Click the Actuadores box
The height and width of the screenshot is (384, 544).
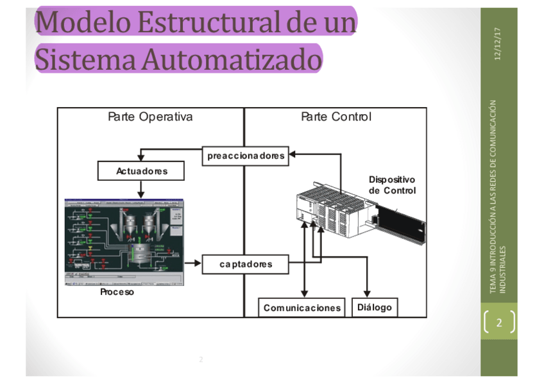click(x=141, y=171)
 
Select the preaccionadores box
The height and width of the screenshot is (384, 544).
click(x=246, y=156)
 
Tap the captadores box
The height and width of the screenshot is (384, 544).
click(x=246, y=263)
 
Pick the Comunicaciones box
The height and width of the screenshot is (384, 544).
click(x=302, y=308)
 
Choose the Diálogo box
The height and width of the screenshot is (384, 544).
click(x=375, y=307)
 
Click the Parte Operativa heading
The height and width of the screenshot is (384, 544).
click(x=150, y=117)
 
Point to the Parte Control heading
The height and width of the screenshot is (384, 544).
click(x=336, y=117)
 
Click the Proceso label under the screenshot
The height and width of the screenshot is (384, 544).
click(x=117, y=292)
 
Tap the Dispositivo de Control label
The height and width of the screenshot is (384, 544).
click(x=392, y=185)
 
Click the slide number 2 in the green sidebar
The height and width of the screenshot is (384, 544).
click(x=499, y=322)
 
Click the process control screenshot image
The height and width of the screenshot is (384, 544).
click(x=124, y=242)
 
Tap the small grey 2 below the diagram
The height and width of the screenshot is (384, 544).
click(x=201, y=360)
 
